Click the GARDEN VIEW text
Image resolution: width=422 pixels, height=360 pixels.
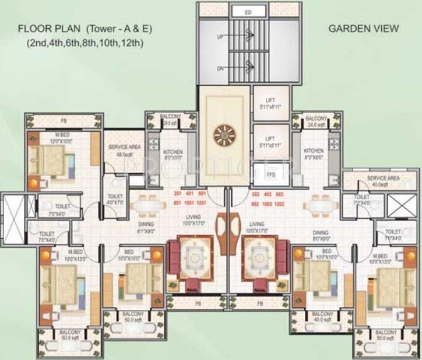363,28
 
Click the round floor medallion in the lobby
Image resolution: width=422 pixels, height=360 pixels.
224,135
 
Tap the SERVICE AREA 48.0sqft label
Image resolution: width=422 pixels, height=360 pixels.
122,151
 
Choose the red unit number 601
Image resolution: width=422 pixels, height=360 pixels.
203,193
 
